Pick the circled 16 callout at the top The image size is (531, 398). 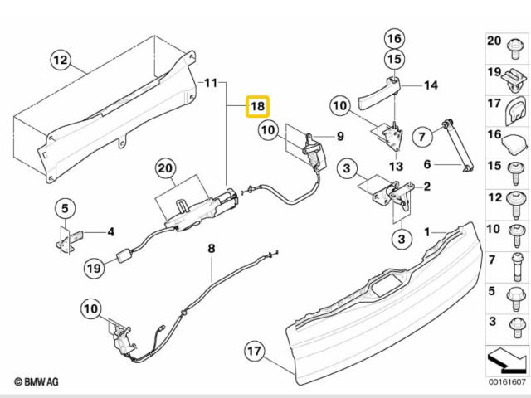click(x=393, y=38)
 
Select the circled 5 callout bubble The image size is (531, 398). click(x=66, y=207)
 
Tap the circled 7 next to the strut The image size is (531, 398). click(x=421, y=134)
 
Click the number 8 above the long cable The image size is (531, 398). click(x=211, y=248)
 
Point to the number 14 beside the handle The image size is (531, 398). click(x=431, y=85)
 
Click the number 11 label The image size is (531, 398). click(x=210, y=83)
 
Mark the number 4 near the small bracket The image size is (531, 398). click(x=110, y=231)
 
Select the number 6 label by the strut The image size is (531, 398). click(x=428, y=163)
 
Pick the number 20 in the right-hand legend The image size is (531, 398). click(x=494, y=41)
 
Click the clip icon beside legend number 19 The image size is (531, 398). click(x=514, y=78)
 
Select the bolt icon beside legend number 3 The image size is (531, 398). click(x=514, y=323)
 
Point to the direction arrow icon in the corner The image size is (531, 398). click(x=506, y=361)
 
